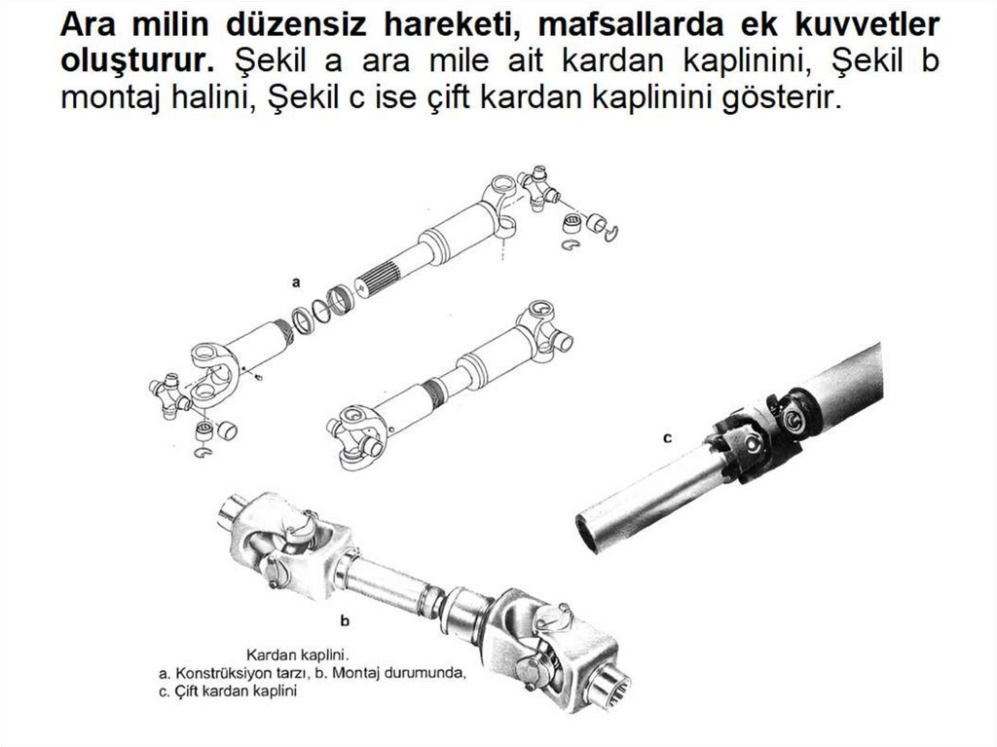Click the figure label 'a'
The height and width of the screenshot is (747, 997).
pos(296,282)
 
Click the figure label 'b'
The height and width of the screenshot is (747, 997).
pos(345,620)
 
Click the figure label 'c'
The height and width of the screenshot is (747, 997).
pos(667,438)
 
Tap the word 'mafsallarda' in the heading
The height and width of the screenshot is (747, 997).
pos(631,24)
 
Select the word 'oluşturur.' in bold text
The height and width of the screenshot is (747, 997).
pos(137,61)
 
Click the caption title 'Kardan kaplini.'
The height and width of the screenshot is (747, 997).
pos(299,654)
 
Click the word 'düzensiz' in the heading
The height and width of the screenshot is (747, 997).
pos(296,24)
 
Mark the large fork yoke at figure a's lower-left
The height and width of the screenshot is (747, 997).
pos(213,376)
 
